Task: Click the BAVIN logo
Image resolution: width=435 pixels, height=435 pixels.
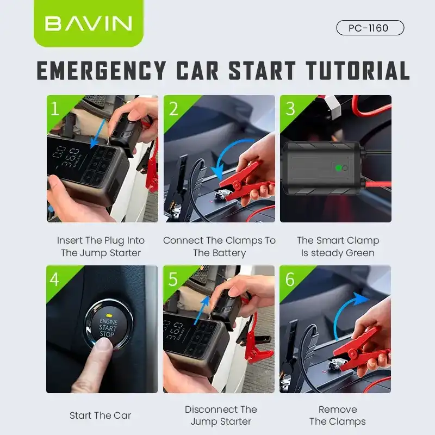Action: pos(89,23)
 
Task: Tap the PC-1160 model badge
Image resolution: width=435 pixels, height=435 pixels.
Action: pos(370,28)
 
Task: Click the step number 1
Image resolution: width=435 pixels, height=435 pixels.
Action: pos(55,108)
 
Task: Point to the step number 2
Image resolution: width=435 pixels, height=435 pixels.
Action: pos(173,108)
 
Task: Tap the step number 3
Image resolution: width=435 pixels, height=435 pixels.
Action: pos(290,108)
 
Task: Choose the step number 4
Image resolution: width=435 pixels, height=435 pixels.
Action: pos(54,279)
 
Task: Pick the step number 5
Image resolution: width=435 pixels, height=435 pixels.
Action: pos(173,279)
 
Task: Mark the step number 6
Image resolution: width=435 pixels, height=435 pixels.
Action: pos(290,279)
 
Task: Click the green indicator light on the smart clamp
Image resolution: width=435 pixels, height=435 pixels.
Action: pos(338,168)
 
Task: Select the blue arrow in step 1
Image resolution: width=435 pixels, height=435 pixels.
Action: pos(98,134)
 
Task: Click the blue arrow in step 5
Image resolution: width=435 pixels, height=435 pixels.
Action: pos(202,309)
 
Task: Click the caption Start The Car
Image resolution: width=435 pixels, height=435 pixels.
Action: pos(100,415)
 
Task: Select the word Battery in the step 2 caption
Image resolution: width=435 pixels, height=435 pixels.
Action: pos(232,253)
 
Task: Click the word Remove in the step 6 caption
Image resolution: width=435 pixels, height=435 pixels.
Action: pos(338,409)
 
